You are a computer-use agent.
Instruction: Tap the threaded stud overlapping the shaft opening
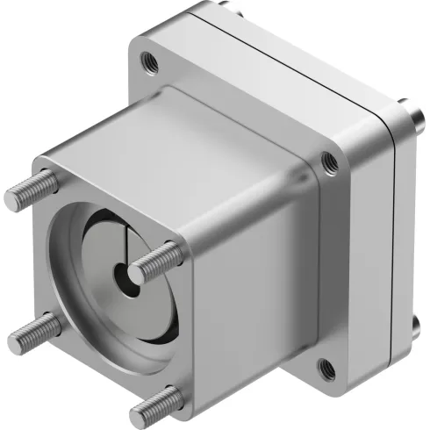[x=156, y=261]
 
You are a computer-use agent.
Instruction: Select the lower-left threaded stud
[x=33, y=330]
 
